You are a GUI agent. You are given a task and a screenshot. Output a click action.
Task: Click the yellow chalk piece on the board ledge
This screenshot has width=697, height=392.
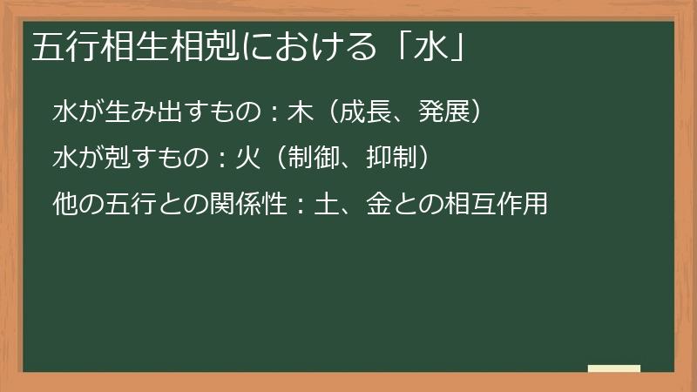pyautogui.click(x=613, y=368)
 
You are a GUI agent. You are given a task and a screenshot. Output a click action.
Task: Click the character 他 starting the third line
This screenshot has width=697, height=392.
pyautogui.click(x=64, y=206)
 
